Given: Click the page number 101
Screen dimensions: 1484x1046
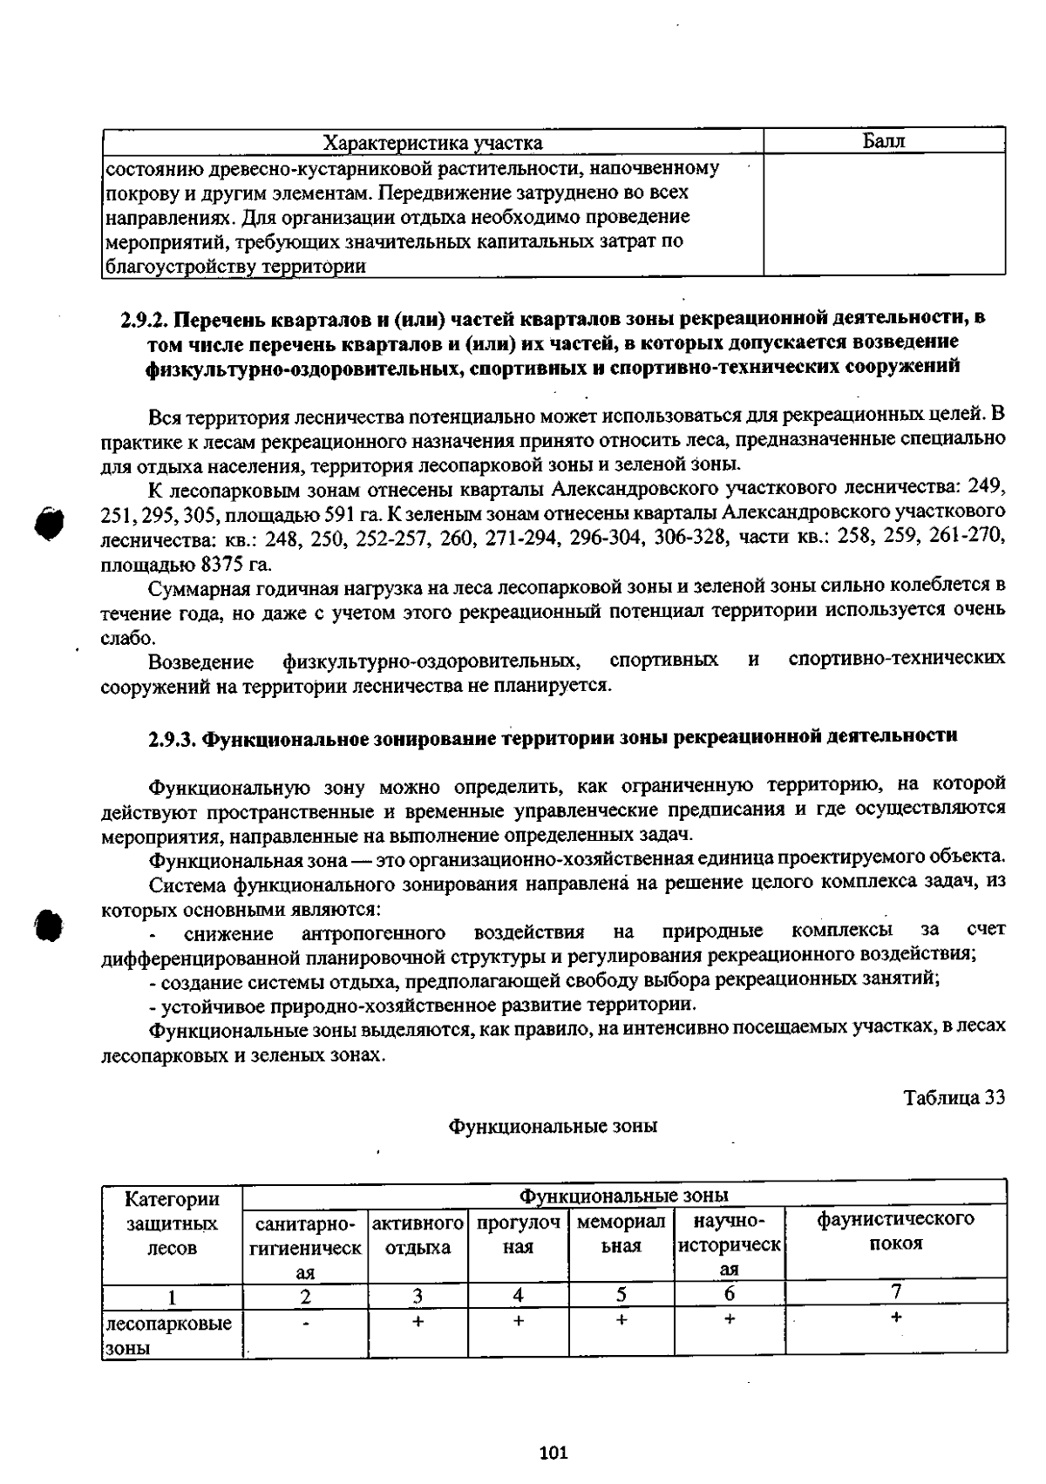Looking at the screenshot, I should pos(554,1452).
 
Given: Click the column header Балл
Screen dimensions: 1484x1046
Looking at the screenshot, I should pos(884,141).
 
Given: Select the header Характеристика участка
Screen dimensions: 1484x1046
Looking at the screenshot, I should pos(432,143).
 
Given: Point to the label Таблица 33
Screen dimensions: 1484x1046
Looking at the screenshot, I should pos(954,1097).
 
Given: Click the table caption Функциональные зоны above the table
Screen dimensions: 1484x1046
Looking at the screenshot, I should pos(553,1126).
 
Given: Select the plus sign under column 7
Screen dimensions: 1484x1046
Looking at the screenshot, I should pos(895,1318).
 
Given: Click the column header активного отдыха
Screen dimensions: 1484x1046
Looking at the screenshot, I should pos(418,1234).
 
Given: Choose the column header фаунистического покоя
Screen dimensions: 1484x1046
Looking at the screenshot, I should pos(895,1230).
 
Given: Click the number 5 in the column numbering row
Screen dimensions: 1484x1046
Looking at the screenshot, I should pos(621,1295).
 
